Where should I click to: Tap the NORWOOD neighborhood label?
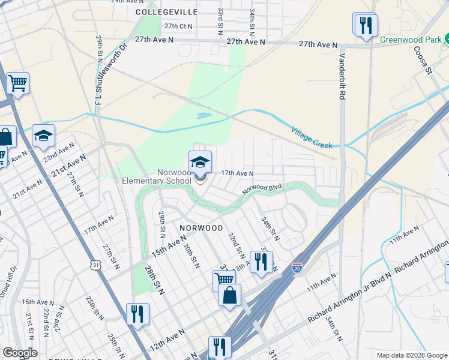[201, 228]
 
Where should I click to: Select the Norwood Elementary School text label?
[157, 176]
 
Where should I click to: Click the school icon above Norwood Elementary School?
[200, 161]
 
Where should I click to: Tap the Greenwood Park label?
[409, 40]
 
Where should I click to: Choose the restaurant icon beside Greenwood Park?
[365, 26]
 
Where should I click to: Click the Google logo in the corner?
[20, 353]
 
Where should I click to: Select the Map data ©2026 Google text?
[411, 355]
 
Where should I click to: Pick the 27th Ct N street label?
[178, 26]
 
